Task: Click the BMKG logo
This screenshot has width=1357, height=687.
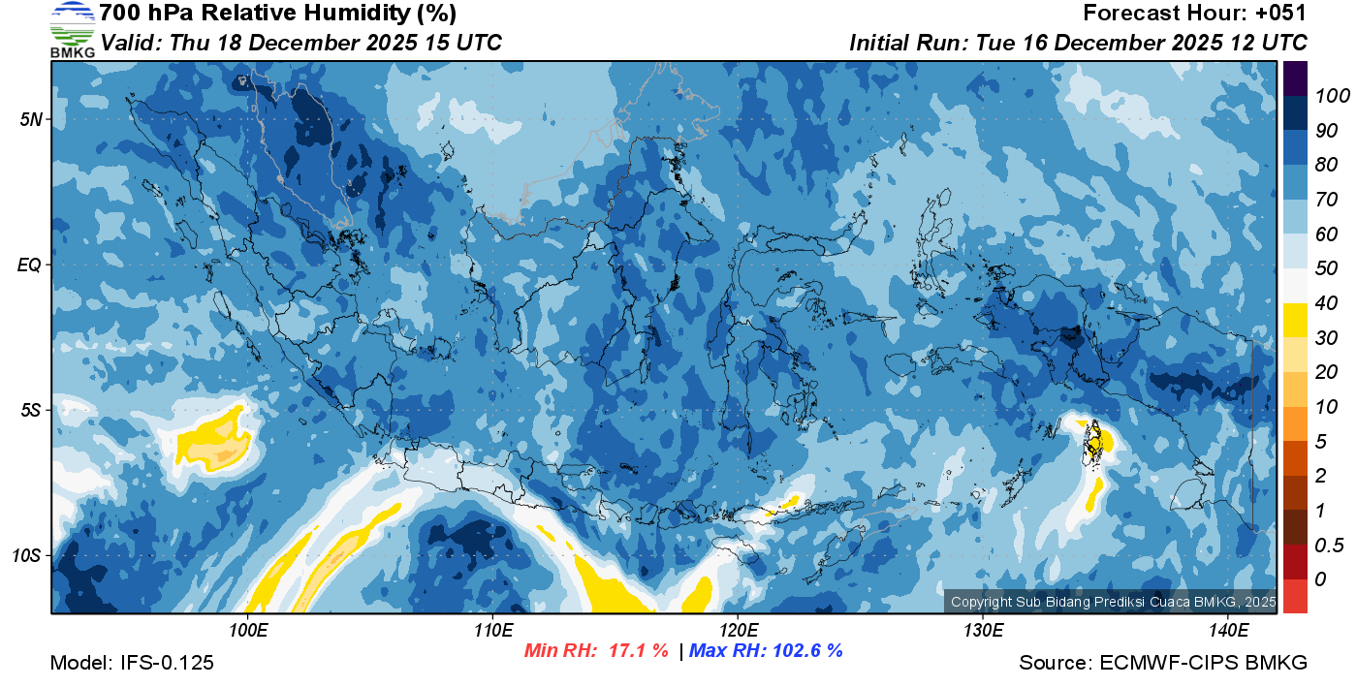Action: [72, 30]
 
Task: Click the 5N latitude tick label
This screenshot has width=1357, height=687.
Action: [31, 119]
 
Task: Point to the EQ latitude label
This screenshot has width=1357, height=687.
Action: [30, 265]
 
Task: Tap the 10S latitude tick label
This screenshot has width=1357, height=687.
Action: [27, 555]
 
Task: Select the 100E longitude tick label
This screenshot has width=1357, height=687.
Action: [247, 631]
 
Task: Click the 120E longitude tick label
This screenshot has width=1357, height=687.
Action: [738, 631]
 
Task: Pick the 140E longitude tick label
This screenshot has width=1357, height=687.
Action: [1228, 631]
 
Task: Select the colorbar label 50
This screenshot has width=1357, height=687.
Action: [1325, 268]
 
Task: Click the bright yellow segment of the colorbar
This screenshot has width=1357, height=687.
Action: [1296, 320]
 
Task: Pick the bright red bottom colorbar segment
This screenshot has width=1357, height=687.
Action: [1296, 595]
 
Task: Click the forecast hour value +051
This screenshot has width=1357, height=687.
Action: [1282, 14]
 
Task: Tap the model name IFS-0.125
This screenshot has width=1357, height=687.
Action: [168, 663]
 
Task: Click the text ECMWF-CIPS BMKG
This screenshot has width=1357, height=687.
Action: [1203, 663]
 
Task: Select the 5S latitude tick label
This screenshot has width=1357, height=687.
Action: [31, 410]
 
